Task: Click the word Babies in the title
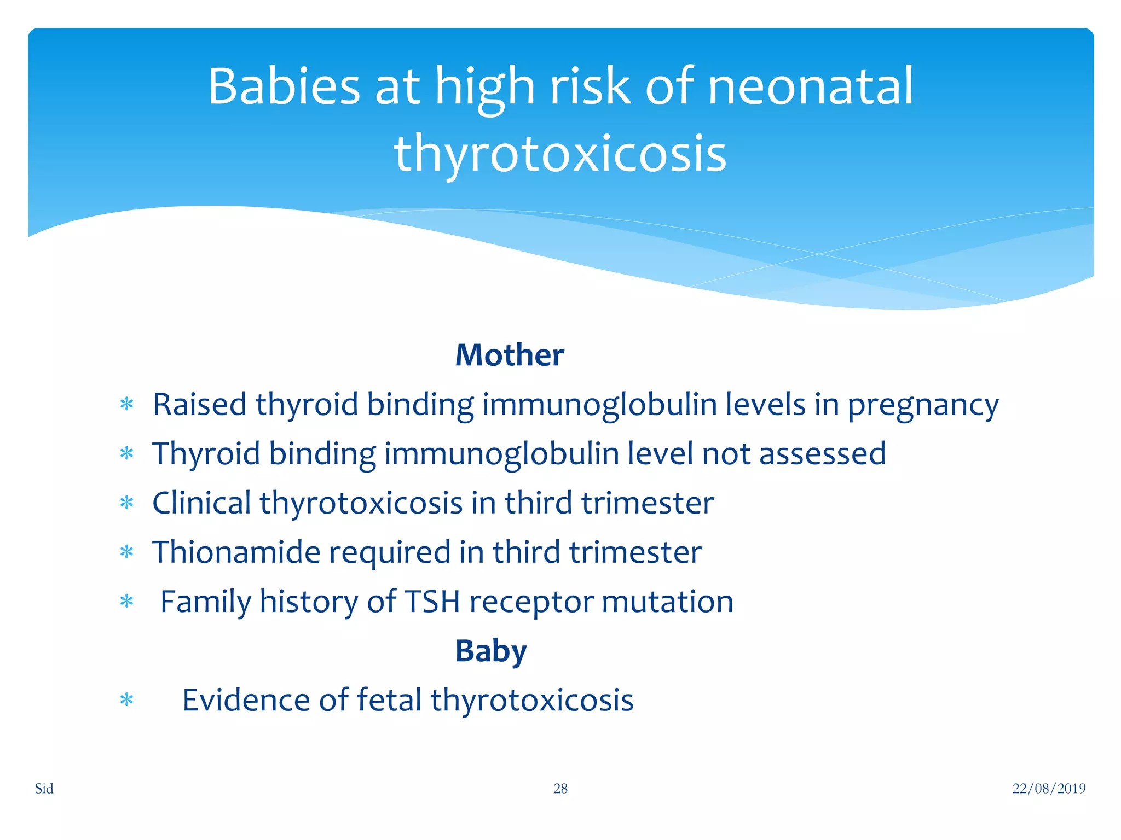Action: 284,86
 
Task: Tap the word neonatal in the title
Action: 811,86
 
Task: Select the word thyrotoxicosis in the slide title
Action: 560,154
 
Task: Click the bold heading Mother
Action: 509,355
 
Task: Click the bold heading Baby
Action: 490,651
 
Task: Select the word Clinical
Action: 201,503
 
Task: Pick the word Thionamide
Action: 236,552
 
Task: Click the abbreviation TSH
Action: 432,602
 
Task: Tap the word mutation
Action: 667,602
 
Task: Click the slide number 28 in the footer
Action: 560,788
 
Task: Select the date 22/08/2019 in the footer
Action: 1048,788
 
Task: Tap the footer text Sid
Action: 44,788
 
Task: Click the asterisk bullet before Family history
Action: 126,602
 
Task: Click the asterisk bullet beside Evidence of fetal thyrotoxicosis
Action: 126,700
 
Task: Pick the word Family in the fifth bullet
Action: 205,602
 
